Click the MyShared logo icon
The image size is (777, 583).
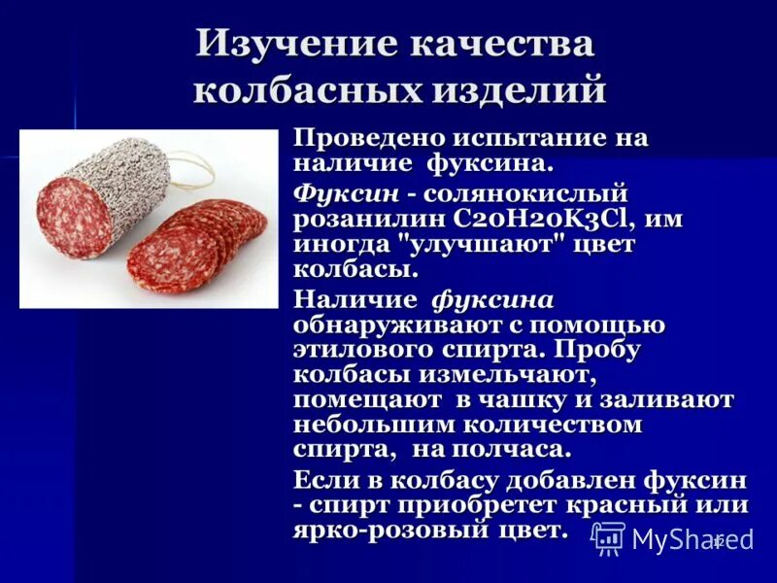[608, 538]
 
